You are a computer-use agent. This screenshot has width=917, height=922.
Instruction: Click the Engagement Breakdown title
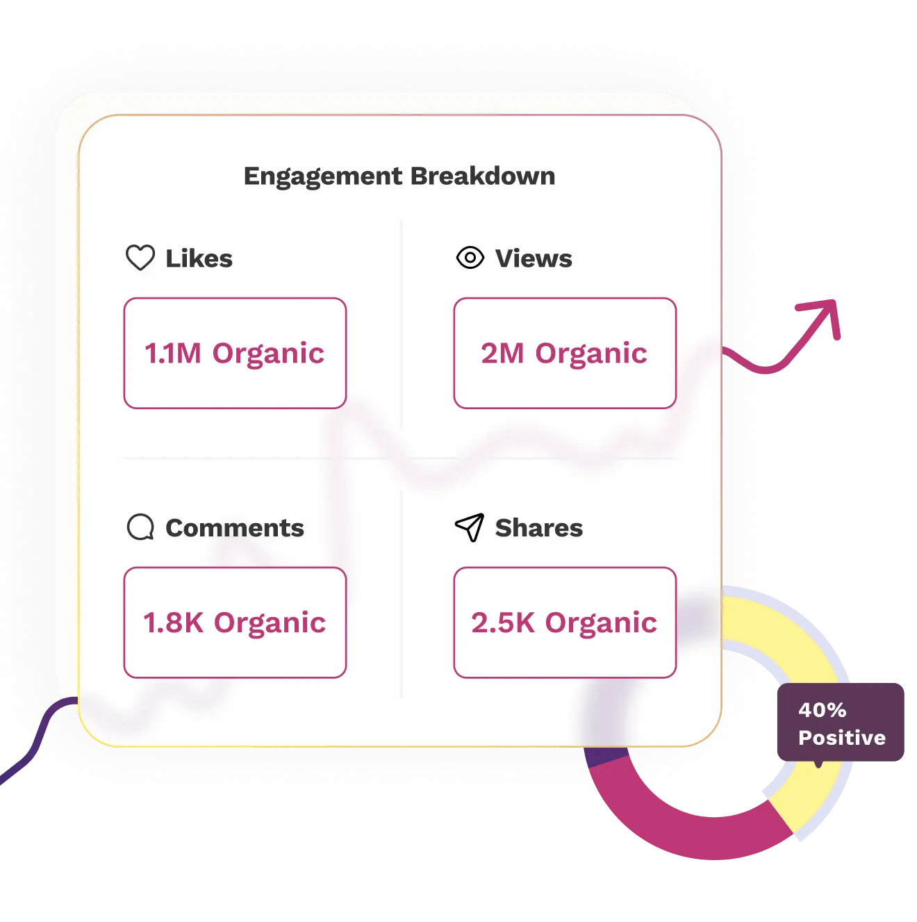399,176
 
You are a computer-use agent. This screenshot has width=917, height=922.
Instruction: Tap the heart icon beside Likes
140,258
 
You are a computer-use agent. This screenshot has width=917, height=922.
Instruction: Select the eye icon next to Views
470,258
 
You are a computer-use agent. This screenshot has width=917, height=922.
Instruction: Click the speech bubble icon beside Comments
140,527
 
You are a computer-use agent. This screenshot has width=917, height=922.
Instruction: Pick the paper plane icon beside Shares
470,527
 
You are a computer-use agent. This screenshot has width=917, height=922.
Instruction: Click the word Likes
199,258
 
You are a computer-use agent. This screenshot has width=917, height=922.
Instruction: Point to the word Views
534,258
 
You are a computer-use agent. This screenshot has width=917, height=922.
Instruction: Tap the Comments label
235,528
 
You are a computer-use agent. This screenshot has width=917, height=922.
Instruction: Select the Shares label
539,528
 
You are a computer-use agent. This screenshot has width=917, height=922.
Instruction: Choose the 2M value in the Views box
502,354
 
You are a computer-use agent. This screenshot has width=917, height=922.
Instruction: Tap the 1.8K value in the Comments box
174,623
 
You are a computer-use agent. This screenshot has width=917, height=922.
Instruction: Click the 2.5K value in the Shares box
503,623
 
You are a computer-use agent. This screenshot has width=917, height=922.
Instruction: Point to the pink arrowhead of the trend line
823,313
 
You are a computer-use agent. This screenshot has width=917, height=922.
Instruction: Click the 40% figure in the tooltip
823,710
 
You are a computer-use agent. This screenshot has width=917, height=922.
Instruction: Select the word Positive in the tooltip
842,737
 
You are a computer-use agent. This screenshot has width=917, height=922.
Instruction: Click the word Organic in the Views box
591,354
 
